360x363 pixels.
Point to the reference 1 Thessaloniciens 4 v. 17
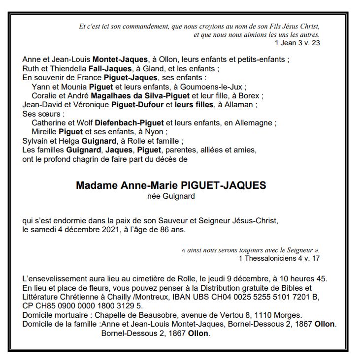pyautogui.click(x=279, y=258)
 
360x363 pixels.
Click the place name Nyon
pyautogui.click(x=158, y=131)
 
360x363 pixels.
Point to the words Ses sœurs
pyautogui.click(x=36, y=114)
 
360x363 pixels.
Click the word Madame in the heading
pyautogui.click(x=94, y=186)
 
